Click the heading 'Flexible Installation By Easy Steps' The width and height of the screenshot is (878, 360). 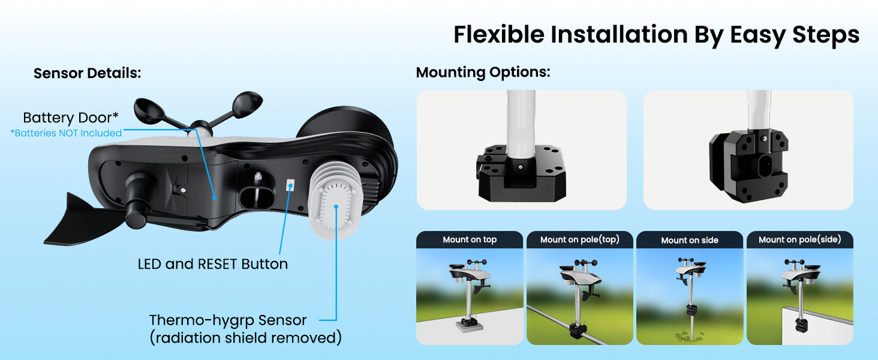tap(657, 35)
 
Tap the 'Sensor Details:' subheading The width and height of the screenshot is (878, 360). tap(88, 73)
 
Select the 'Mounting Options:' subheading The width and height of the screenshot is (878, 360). tap(483, 73)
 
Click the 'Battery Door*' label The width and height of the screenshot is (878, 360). tap(71, 118)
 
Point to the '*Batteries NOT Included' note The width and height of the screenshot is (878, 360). tap(66, 133)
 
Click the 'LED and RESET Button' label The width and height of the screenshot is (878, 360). tap(213, 264)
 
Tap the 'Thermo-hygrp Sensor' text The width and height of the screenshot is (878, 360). tap(228, 320)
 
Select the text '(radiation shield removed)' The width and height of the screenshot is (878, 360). tap(246, 338)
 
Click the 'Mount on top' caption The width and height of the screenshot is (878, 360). tap(470, 239)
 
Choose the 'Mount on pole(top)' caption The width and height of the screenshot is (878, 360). tap(580, 239)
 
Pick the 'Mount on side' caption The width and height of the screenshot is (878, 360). tap(690, 241)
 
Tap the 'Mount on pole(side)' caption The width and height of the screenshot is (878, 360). tap(799, 239)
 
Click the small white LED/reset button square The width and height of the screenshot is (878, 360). tap(290, 185)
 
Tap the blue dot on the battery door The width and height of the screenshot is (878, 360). tap(215, 197)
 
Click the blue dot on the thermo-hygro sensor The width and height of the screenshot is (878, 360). tap(336, 206)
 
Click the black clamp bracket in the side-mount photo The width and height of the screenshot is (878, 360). tap(748, 166)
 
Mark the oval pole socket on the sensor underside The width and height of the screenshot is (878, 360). tap(257, 197)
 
